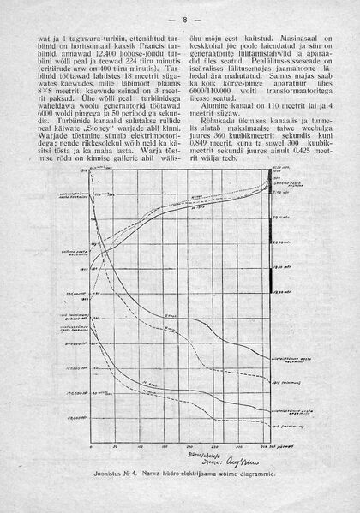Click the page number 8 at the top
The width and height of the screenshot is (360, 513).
[181, 19]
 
